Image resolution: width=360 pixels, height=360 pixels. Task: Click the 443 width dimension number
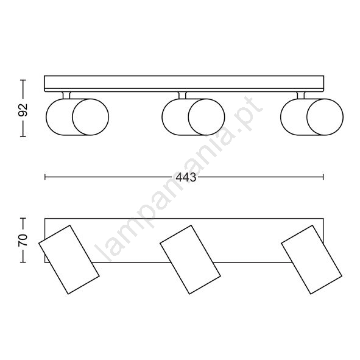pyautogui.click(x=186, y=177)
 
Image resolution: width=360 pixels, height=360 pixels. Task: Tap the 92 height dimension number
pyautogui.click(x=23, y=110)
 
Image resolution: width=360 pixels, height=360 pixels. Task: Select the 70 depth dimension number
pyautogui.click(x=23, y=240)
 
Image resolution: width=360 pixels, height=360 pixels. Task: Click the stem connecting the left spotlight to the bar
pyautogui.click(x=66, y=96)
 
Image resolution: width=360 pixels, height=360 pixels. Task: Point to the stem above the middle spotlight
pyautogui.click(x=182, y=96)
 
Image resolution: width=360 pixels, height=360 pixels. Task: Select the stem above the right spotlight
pyautogui.click(x=301, y=96)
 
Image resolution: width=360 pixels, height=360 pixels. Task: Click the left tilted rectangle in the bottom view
pyautogui.click(x=69, y=259)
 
